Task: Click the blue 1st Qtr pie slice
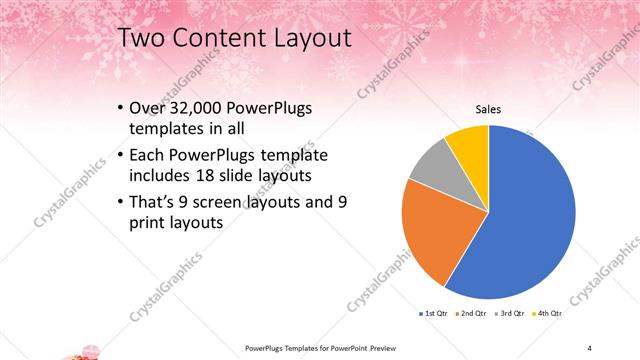(530, 220)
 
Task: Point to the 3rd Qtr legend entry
(513, 313)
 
